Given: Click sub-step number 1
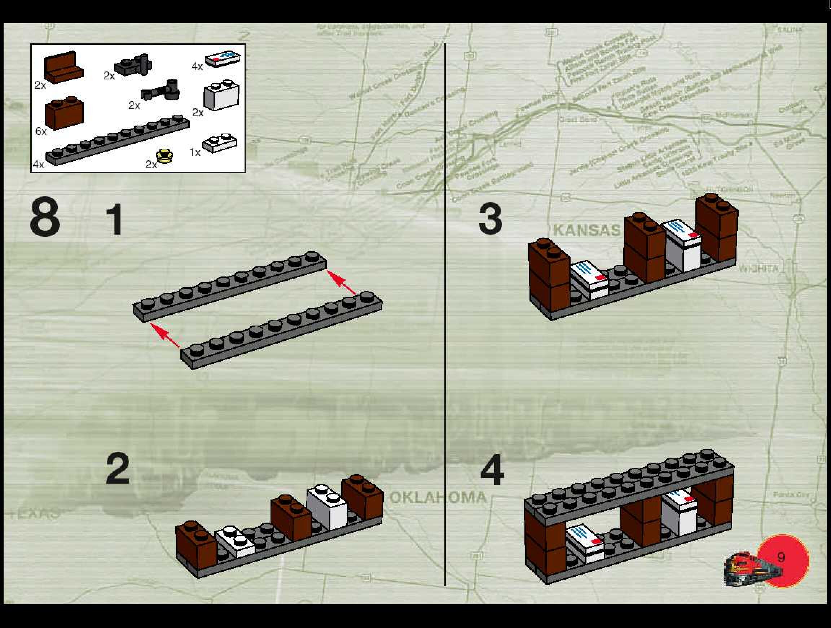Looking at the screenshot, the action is point(115,219).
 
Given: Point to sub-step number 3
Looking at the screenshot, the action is point(490,218).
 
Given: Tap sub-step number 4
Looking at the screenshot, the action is point(492,470).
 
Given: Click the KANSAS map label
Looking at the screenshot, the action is point(586,230).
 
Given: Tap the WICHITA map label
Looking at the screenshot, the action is point(759,268).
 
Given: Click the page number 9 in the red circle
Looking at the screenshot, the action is point(781,557).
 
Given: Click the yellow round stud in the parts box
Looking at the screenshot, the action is point(164,156).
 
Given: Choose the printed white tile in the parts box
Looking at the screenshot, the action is point(223,58).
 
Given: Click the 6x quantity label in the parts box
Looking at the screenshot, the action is point(40,131).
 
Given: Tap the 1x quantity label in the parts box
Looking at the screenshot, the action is point(195,152).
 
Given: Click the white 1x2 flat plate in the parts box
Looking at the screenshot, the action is point(220,143).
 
